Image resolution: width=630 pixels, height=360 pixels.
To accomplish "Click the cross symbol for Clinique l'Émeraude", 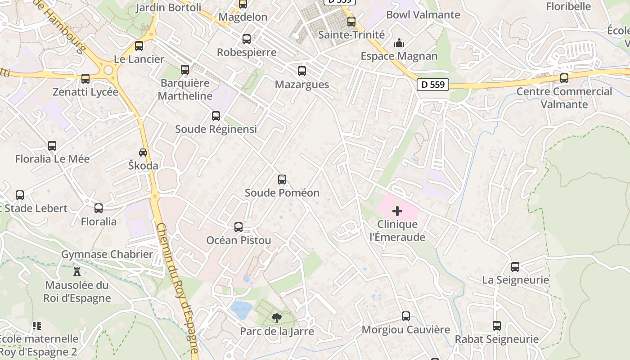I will (397, 211).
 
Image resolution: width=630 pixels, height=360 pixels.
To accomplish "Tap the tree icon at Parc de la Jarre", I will (277, 318).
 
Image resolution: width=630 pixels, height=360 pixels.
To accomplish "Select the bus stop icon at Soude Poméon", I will (282, 180).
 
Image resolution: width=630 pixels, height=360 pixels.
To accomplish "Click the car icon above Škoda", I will (143, 153).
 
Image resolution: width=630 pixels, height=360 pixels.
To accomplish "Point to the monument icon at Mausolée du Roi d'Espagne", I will (77, 272).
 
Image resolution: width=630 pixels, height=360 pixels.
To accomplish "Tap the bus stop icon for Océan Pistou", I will (238, 227).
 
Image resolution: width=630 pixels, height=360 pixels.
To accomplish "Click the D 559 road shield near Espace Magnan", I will (433, 84).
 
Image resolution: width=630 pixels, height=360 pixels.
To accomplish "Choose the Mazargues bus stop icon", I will (302, 71).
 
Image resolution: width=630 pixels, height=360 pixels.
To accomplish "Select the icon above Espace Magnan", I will (399, 43).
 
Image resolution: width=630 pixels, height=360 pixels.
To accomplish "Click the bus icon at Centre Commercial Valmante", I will (564, 78).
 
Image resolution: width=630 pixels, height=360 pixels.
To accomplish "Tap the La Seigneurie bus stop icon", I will (515, 267).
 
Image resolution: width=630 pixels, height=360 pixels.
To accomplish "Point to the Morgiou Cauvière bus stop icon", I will (406, 316).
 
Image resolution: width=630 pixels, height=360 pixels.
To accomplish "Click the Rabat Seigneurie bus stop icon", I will (497, 326).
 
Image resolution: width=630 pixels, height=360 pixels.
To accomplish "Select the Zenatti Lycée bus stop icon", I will (85, 79).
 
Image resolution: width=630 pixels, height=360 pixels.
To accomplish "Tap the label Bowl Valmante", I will (423, 14).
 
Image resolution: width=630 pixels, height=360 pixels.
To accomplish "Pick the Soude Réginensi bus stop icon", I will (216, 116).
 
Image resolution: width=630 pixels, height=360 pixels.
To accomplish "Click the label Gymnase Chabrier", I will (107, 254).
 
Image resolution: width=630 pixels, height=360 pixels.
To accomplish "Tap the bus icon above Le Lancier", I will (139, 46).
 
